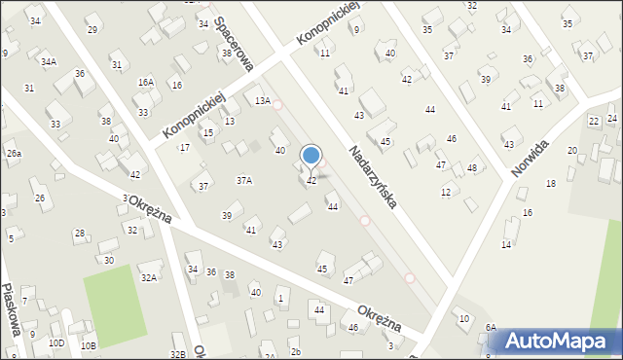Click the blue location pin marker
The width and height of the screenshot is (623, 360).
pos(311,156)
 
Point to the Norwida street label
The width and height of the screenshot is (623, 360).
pos(530,157)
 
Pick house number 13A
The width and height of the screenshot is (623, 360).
pos(261,101)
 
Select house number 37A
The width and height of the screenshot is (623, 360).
pos(244,180)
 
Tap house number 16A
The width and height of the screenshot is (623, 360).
pos(146,83)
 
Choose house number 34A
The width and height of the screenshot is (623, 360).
pos(48,61)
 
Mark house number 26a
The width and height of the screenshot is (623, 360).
pos(14,154)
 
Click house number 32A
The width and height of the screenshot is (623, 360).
pos(148,277)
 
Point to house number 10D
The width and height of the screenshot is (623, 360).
pos(56,342)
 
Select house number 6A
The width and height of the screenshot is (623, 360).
pos(492,328)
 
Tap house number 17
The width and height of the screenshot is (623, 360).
pos(184,147)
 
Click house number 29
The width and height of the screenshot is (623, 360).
pos(92,29)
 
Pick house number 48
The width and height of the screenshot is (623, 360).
pos(472,168)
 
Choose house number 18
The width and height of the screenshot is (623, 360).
pos(551,183)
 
